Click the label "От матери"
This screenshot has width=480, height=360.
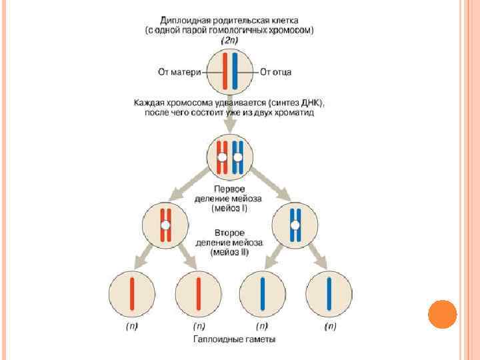click(x=179, y=72)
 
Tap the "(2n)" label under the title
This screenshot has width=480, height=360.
click(x=230, y=41)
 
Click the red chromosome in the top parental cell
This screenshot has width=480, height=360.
click(x=225, y=72)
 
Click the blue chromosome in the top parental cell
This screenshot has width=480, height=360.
click(x=235, y=72)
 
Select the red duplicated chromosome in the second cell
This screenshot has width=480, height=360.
click(x=223, y=158)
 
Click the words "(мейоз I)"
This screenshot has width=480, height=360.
click(x=229, y=208)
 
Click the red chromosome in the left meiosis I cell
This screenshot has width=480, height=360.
click(x=166, y=225)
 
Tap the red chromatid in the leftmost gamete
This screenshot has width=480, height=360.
click(x=132, y=294)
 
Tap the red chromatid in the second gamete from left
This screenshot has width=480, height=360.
click(x=199, y=294)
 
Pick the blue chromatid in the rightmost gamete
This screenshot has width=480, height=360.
click(x=329, y=294)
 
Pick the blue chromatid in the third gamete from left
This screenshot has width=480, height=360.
click(x=263, y=294)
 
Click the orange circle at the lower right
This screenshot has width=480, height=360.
click(x=441, y=314)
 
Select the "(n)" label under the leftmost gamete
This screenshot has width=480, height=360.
click(x=132, y=327)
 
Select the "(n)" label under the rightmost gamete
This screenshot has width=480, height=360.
click(x=330, y=327)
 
